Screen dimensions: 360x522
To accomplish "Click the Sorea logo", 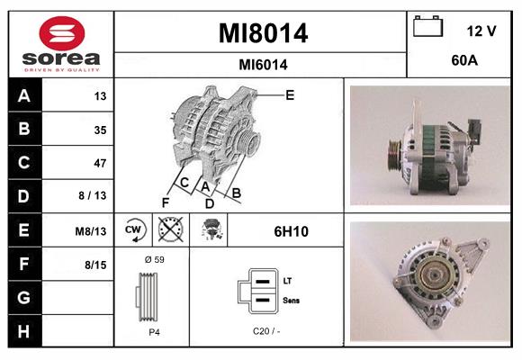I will tap(60, 44).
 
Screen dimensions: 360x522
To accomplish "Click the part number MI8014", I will tap(262, 34).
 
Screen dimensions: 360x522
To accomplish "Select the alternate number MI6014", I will tap(263, 64).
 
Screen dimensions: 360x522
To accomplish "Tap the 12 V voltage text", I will tap(481, 31).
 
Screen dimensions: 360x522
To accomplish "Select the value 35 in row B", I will tap(99, 130).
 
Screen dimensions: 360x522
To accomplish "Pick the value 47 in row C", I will tap(99, 163).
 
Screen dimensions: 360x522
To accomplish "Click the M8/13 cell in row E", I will tap(92, 231).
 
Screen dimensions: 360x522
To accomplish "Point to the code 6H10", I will tap(291, 231).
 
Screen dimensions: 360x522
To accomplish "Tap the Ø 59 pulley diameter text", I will tap(154, 259).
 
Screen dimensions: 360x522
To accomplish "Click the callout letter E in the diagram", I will tap(290, 94).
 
